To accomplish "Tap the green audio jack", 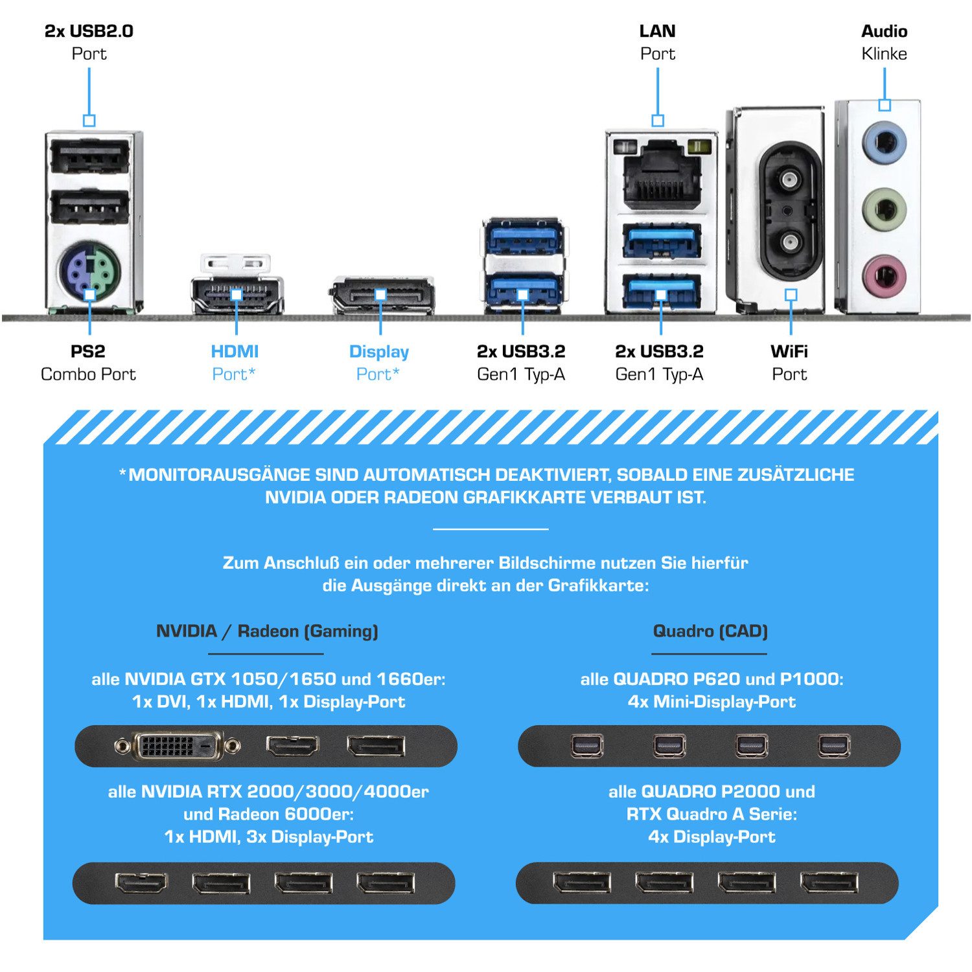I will pyautogui.click(x=884, y=209).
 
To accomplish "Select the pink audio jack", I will pyautogui.click(x=884, y=275).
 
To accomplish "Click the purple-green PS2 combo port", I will pyautogui.click(x=89, y=271).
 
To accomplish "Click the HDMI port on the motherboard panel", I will pyautogui.click(x=237, y=295).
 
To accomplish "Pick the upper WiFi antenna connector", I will pyautogui.click(x=789, y=178).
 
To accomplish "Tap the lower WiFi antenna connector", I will pyautogui.click(x=789, y=243).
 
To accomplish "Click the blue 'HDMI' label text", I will pyautogui.click(x=235, y=352).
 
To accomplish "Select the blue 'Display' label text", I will pyautogui.click(x=379, y=352).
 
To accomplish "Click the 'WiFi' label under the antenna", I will pyautogui.click(x=789, y=352).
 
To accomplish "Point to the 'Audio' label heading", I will pyautogui.click(x=884, y=31).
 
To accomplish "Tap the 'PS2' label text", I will pyautogui.click(x=87, y=352).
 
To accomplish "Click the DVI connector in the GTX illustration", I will pyautogui.click(x=177, y=746).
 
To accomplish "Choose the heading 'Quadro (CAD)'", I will pyautogui.click(x=710, y=631).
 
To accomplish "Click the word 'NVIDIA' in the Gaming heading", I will pyautogui.click(x=187, y=631).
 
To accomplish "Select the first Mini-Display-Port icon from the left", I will pyautogui.click(x=588, y=746).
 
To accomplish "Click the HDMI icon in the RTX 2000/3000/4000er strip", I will pyautogui.click(x=141, y=883).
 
